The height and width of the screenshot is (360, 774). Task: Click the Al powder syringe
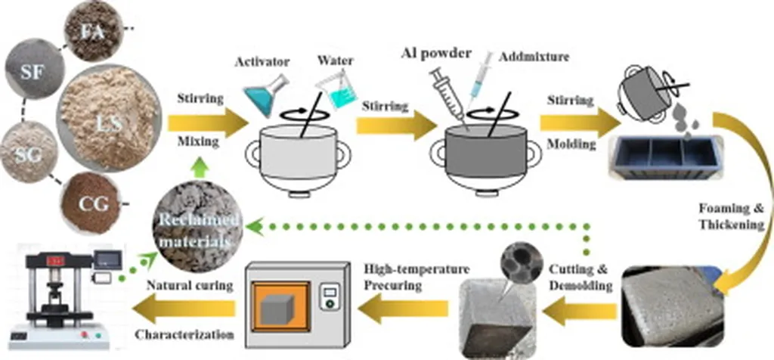click(450, 93)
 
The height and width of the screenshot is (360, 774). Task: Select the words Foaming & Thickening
click(743, 215)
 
